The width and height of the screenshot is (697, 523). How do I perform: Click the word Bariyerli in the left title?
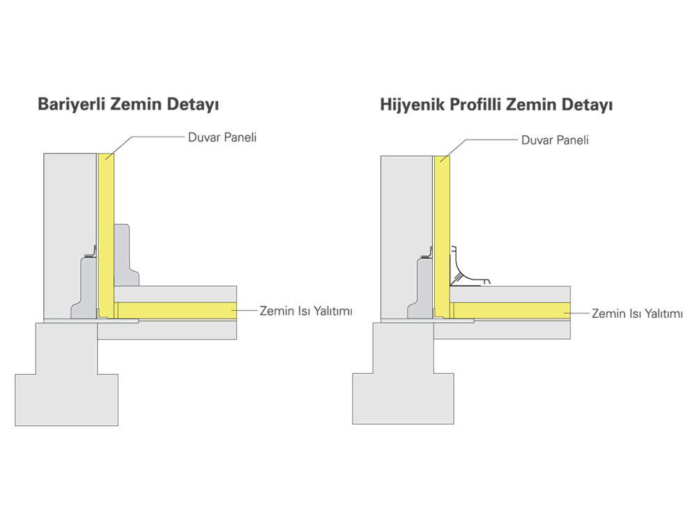tap(67, 106)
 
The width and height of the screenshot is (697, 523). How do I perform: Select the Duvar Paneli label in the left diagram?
tap(222, 137)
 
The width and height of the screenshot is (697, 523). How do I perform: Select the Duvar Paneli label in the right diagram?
tap(555, 140)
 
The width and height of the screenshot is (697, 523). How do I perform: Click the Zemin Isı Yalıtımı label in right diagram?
tap(637, 314)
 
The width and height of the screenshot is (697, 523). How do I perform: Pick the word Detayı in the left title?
tap(193, 106)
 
